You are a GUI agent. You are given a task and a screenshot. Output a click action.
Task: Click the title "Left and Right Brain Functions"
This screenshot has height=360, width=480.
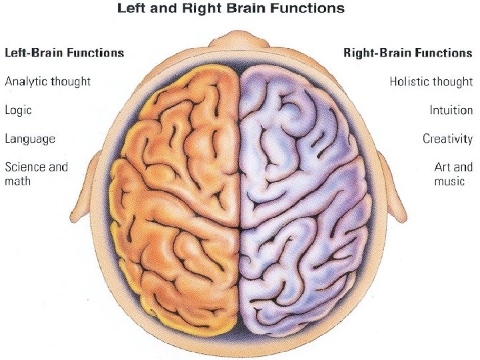pos(231,9)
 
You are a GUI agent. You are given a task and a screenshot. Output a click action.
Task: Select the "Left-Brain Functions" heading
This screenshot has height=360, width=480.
pos(65,53)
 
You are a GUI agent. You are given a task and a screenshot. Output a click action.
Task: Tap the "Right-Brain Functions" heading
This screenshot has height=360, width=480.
pos(407,53)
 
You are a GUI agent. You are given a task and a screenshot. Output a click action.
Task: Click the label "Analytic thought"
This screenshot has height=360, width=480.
pos(48,82)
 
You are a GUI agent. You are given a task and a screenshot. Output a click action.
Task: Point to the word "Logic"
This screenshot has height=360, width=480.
pos(18,111)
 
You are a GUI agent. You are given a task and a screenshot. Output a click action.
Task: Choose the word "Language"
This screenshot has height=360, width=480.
pos(30,139)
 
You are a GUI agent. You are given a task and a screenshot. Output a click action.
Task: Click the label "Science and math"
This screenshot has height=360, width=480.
pos(36,173)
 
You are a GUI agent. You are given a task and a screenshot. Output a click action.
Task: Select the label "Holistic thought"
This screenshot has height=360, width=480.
pos(431,82)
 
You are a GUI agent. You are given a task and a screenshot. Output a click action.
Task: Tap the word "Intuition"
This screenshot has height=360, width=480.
pos(451,111)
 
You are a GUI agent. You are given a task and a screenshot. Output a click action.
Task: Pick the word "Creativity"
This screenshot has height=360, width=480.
pos(447,139)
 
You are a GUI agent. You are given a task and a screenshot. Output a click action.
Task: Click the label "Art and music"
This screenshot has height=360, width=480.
pos(453,173)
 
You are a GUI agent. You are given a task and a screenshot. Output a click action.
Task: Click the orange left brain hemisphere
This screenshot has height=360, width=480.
pos(177,200)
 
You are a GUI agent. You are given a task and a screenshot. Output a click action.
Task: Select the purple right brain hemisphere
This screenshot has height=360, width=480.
pos(300,200)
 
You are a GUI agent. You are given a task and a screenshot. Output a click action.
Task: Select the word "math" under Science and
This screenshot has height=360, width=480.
pos(18,181)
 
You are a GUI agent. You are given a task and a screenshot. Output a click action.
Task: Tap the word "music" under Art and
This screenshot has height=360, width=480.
pos(449,181)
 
